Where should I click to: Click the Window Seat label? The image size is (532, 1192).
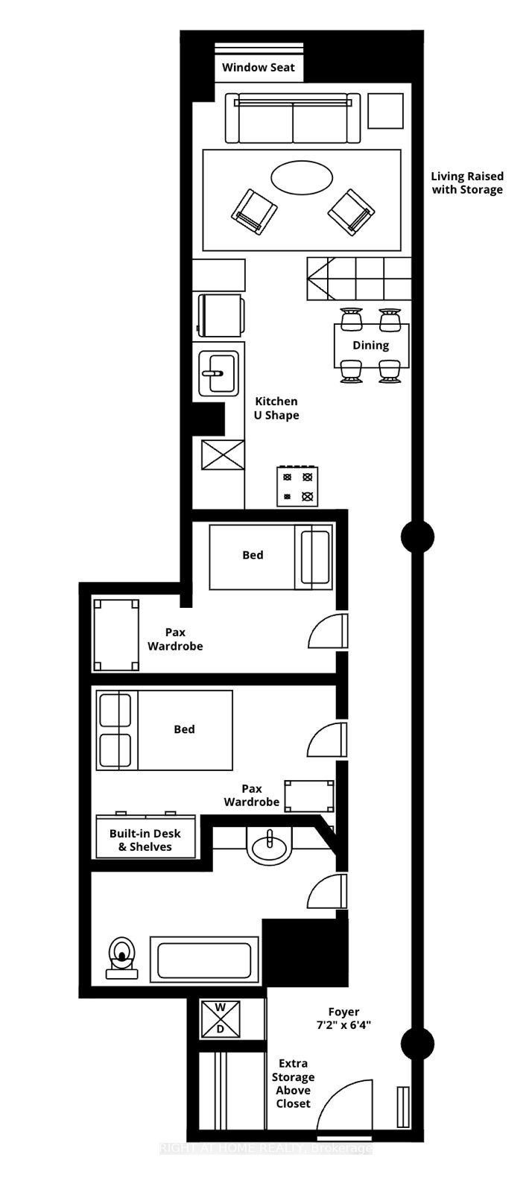tap(259, 67)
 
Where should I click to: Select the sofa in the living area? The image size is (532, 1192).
tap(293, 118)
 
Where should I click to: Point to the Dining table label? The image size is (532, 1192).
tap(370, 345)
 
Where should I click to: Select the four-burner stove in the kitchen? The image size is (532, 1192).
tap(297, 486)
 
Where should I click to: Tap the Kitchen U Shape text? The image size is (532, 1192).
tap(276, 408)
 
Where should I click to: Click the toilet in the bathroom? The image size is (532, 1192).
tap(121, 957)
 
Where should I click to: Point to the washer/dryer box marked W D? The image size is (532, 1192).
tap(221, 1018)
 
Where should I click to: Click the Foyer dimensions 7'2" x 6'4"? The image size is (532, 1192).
tap(343, 1018)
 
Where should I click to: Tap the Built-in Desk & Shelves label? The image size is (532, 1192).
tap(145, 840)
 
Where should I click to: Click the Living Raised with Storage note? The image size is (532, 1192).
tap(466, 183)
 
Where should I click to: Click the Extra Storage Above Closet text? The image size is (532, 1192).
tap(293, 1083)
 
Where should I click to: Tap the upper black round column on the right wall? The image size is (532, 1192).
tap(417, 536)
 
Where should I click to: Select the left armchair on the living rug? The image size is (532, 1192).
tap(253, 211)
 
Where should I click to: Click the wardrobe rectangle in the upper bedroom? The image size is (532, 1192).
tap(117, 635)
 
